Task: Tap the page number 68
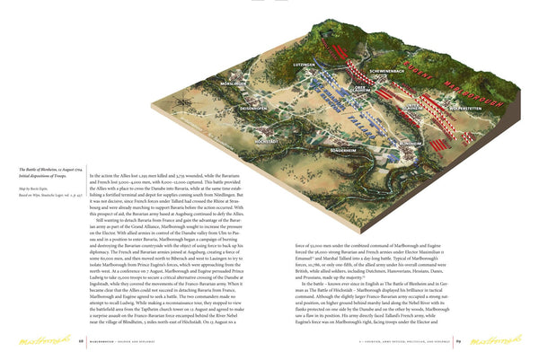click(81, 340)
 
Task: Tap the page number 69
click(457, 340)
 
